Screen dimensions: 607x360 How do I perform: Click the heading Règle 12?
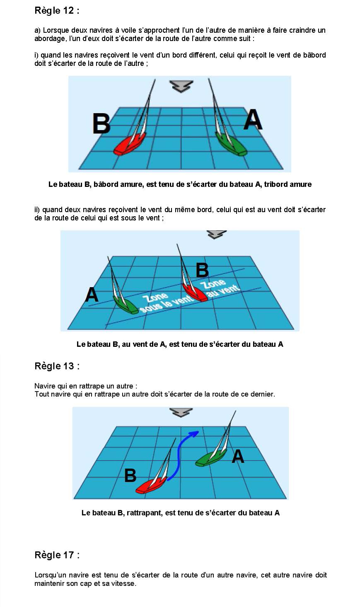[x=57, y=11]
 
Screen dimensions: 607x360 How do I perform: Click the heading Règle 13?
[x=57, y=366]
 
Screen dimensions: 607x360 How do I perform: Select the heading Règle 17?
[x=57, y=555]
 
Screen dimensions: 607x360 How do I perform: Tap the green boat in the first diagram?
[x=232, y=143]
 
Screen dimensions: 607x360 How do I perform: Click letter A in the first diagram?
[x=253, y=120]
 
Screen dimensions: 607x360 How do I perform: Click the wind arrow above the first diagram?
[x=181, y=86]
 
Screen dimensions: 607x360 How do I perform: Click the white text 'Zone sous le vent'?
[x=162, y=302]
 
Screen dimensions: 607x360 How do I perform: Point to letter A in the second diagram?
[x=92, y=295]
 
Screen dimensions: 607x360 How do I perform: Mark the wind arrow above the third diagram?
[x=181, y=412]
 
